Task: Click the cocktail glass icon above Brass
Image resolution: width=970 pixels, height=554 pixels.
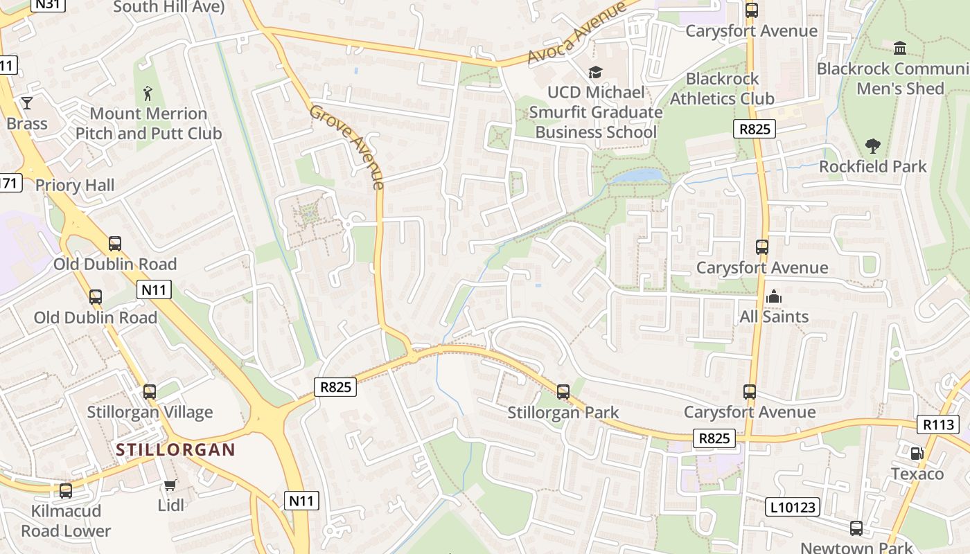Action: point(27,103)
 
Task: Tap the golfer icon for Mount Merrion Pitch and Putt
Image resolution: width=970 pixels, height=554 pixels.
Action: point(148,93)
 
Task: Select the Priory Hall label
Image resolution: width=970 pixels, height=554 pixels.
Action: point(75,186)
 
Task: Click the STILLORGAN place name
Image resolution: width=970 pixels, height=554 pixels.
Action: point(175,449)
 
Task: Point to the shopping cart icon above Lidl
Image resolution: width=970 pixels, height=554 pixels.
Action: point(170,485)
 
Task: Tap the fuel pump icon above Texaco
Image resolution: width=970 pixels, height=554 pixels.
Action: point(917,454)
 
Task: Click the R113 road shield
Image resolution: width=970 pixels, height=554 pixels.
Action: point(937,425)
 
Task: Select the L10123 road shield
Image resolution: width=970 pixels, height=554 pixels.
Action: point(793,508)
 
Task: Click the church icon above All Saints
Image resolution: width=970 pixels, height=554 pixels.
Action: point(774,296)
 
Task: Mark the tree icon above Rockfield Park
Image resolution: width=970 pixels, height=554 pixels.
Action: point(872,146)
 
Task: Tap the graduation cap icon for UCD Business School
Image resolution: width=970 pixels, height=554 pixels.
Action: point(595,72)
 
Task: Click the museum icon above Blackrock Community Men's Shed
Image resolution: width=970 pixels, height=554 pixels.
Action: point(900,48)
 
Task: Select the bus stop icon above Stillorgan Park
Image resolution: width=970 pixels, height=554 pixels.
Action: point(563,392)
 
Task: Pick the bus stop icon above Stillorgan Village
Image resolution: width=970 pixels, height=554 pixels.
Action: point(150,392)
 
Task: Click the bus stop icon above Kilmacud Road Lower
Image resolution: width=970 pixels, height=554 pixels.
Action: point(66,491)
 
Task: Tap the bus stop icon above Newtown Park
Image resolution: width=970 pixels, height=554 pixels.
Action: point(856,528)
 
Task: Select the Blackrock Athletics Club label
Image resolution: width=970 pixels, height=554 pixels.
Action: point(722,89)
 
